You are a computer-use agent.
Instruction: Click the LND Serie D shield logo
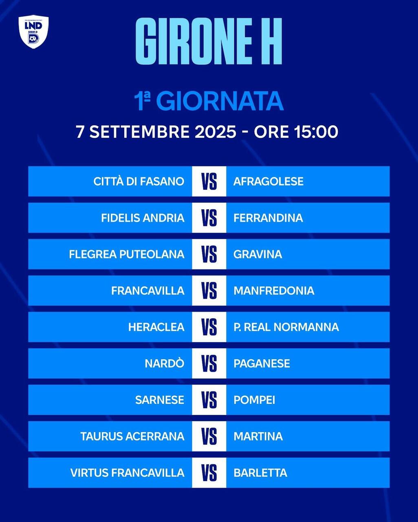(x=33, y=32)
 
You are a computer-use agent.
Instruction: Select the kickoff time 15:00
(x=316, y=132)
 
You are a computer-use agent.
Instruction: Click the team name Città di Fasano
(x=139, y=181)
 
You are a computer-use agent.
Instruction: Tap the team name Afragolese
(x=268, y=181)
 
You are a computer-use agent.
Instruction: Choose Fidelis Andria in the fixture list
(x=143, y=218)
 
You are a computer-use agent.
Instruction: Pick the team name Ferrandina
(x=268, y=218)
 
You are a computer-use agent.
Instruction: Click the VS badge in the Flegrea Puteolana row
(x=209, y=254)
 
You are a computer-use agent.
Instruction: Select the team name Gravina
(x=258, y=254)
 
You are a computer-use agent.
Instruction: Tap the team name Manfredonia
(x=274, y=291)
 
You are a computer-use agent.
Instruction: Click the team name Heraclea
(x=156, y=327)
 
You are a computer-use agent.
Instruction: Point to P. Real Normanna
(x=286, y=327)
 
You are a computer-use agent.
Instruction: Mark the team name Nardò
(x=165, y=363)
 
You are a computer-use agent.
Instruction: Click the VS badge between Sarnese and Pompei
(x=209, y=400)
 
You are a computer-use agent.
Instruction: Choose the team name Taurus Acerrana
(x=132, y=436)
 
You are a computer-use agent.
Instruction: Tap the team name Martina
(x=258, y=436)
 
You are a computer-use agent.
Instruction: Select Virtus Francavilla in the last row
(x=128, y=473)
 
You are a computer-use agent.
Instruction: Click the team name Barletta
(x=260, y=473)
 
